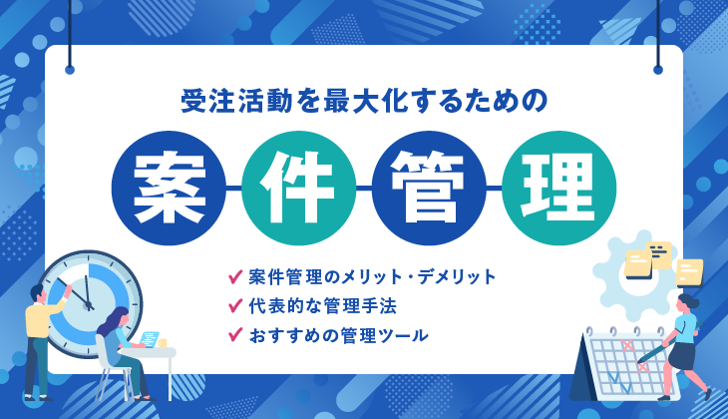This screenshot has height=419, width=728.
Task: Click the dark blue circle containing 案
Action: click(x=169, y=188)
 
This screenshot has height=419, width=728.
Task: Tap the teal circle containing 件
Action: click(x=298, y=188)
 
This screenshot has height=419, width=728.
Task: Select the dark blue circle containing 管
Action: click(x=429, y=188)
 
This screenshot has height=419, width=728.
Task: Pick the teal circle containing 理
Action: click(x=559, y=188)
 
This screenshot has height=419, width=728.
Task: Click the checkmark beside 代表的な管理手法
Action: click(x=235, y=305)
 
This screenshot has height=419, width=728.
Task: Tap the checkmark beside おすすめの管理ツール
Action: click(x=235, y=334)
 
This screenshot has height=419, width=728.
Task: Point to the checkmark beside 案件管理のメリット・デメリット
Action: click(x=235, y=276)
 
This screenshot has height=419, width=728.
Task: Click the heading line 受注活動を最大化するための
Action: click(x=364, y=101)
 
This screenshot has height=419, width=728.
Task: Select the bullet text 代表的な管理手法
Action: click(x=323, y=306)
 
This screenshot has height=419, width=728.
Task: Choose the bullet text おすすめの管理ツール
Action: click(x=338, y=335)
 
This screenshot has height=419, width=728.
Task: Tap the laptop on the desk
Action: click(x=150, y=338)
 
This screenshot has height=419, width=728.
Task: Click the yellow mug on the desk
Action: click(x=162, y=343)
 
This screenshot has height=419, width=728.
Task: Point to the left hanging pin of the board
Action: click(x=70, y=70)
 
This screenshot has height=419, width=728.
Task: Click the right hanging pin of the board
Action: click(x=658, y=70)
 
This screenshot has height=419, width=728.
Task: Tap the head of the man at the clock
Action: click(x=37, y=293)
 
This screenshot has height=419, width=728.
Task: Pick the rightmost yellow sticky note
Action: click(x=689, y=272)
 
